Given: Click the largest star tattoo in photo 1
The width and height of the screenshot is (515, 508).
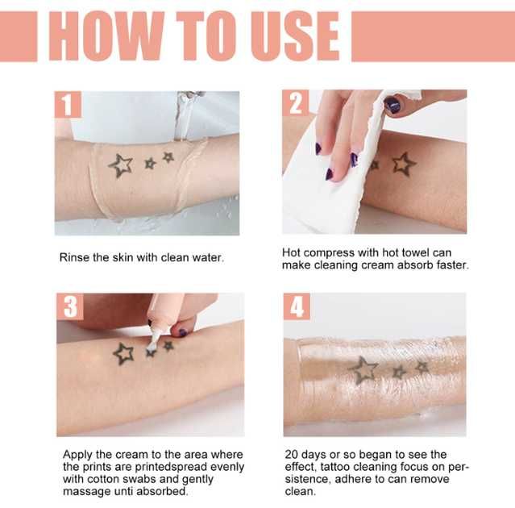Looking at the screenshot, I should coord(121,165).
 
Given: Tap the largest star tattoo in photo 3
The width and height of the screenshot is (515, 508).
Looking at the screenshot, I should coord(123,353).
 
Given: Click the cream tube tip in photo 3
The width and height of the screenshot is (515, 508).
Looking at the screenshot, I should coord(152,330).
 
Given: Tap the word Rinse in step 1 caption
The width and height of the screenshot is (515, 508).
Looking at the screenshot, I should coord(75,258).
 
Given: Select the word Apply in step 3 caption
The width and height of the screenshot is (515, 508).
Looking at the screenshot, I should coord(77,456).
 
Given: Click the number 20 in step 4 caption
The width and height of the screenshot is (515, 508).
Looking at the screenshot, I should coord(291,456).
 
